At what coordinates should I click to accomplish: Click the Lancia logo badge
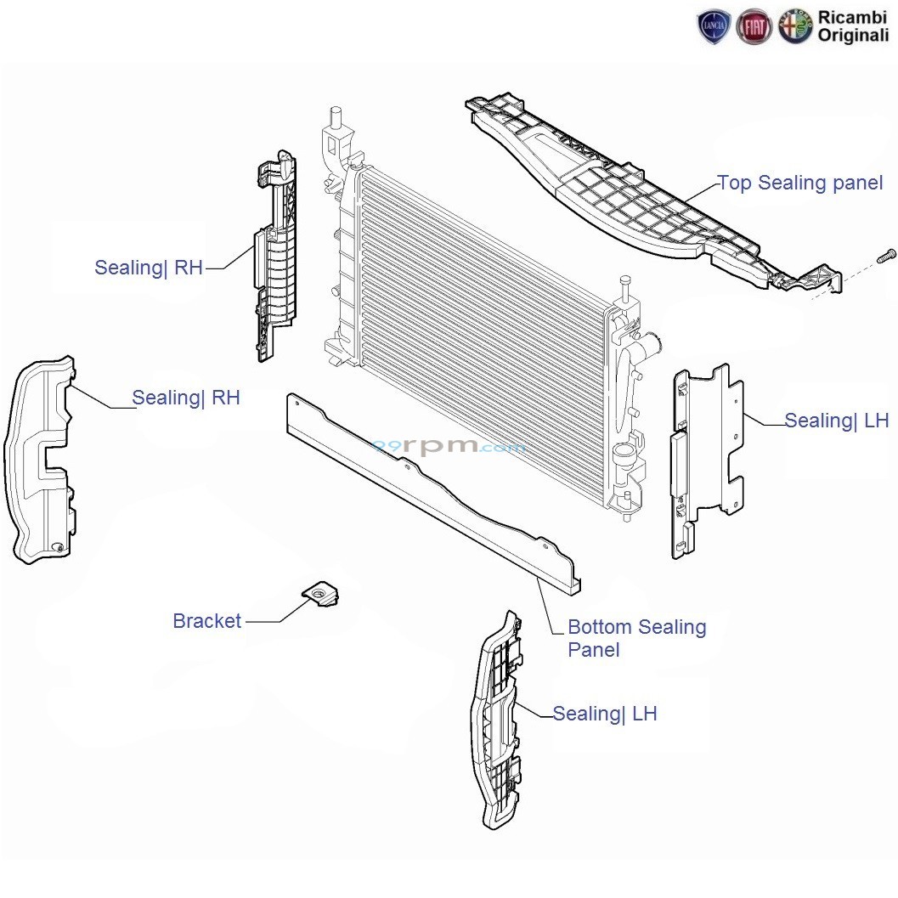tap(714, 27)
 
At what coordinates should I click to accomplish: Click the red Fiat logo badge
tap(754, 27)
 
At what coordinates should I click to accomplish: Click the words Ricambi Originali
tap(853, 26)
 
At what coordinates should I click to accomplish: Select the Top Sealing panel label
tap(800, 183)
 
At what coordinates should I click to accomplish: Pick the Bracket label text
tap(207, 621)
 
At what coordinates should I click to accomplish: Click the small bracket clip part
tap(322, 594)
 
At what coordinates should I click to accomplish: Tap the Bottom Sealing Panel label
tap(636, 638)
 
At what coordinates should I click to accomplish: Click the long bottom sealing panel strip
tap(433, 493)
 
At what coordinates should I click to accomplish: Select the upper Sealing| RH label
tap(149, 268)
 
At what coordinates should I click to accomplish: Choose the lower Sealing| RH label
tap(186, 398)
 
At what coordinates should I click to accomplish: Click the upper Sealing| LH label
tap(836, 421)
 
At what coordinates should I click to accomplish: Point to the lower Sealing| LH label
tap(605, 714)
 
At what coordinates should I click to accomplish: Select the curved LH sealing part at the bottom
tap(496, 722)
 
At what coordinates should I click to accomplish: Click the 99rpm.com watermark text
tap(449, 446)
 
